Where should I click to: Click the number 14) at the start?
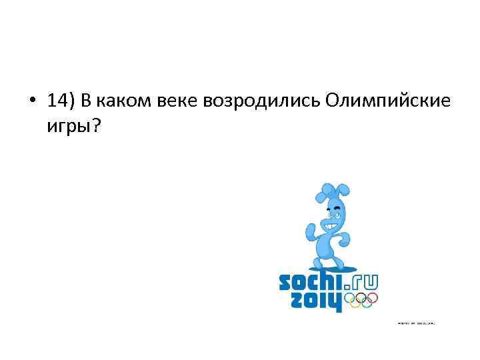[61, 101]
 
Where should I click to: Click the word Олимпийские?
[389, 101]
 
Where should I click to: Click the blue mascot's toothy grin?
[333, 225]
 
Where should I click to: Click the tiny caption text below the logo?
[416, 324]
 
